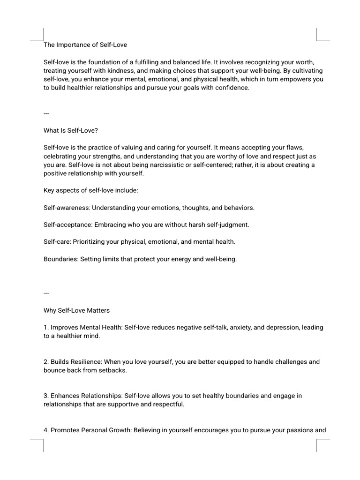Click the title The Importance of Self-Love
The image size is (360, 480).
pyautogui.click(x=85, y=45)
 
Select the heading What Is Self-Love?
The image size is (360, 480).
pyautogui.click(x=71, y=131)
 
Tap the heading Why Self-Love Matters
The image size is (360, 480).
pyautogui.click(x=76, y=310)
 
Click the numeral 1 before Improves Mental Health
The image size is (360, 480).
pyautogui.click(x=45, y=327)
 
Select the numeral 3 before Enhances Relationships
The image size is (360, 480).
pyautogui.click(x=45, y=396)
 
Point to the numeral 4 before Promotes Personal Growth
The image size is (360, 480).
pyautogui.click(x=45, y=430)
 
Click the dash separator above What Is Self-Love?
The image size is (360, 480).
pyautogui.click(x=46, y=113)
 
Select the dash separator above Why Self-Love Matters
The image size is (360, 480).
pyautogui.click(x=46, y=293)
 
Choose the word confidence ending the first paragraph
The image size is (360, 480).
pyautogui.click(x=232, y=88)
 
